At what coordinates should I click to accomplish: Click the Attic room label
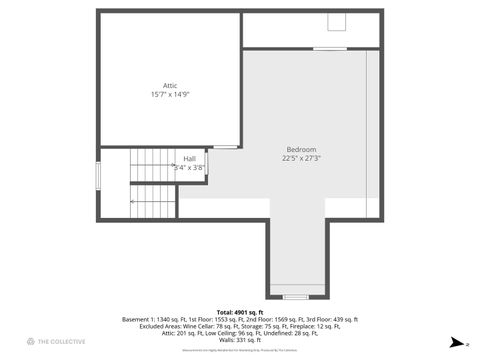170,86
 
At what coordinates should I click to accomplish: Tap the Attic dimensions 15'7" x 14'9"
170,95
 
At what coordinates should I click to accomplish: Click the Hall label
189,158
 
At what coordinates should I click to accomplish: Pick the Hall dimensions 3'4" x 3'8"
189,167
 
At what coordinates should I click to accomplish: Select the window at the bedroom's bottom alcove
295,297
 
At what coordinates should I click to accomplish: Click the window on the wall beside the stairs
98,174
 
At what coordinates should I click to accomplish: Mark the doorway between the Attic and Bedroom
226,147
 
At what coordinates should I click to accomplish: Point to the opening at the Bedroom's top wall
329,49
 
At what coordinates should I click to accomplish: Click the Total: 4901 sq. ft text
239,312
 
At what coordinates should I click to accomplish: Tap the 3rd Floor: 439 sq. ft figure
329,319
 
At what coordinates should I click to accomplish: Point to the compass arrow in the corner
458,341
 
